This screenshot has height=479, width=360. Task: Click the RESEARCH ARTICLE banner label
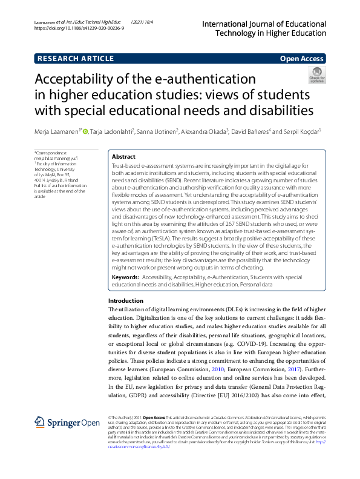point(76,59)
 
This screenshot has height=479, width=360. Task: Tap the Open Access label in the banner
point(301,59)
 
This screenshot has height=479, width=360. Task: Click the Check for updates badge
point(316,77)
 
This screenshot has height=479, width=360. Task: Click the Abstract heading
point(123,156)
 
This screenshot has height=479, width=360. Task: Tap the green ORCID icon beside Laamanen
point(85,131)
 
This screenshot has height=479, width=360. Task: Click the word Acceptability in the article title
point(82,79)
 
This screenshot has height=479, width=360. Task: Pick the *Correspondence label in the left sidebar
point(51,153)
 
